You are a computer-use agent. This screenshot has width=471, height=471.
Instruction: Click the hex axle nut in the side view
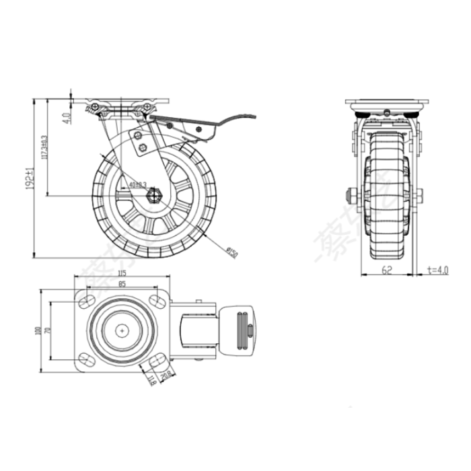153,196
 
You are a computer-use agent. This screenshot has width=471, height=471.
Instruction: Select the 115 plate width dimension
122,273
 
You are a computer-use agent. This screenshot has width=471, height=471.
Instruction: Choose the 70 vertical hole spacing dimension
48,330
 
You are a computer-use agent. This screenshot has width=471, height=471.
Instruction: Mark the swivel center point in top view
122,330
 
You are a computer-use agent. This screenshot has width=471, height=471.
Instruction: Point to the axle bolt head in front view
351,196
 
